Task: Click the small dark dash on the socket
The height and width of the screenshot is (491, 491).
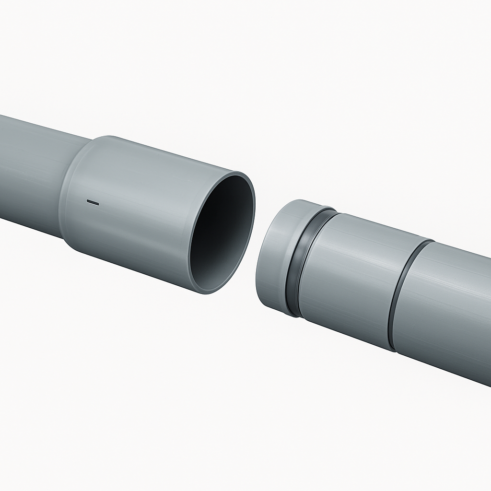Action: pyautogui.click(x=93, y=203)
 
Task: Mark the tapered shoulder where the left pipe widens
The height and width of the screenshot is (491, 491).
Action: pyautogui.click(x=69, y=192)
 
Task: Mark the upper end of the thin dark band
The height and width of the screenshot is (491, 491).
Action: pyautogui.click(x=430, y=242)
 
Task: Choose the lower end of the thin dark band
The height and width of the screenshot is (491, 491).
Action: pyautogui.click(x=391, y=346)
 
